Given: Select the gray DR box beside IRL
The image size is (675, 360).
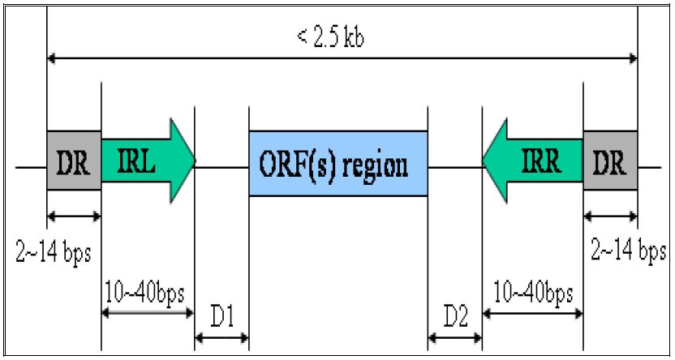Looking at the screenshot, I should tap(74, 160).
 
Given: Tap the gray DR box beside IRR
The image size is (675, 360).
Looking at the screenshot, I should tap(610, 160).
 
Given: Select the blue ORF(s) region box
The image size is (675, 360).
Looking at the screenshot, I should tap(338, 163).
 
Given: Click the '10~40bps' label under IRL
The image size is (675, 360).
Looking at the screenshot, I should tap(148, 289).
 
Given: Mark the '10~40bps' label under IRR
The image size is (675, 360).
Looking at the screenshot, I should tap(532, 289).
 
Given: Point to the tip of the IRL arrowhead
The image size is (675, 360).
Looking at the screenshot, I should tap(195, 160).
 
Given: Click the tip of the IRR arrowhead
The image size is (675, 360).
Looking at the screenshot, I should tap(484, 160).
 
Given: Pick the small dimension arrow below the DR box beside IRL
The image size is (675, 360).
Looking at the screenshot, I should tap(74, 216).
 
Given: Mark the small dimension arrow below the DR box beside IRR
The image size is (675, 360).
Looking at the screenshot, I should tap(610, 216).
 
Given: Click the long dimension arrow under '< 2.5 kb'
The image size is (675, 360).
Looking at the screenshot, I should tap(342, 58).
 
